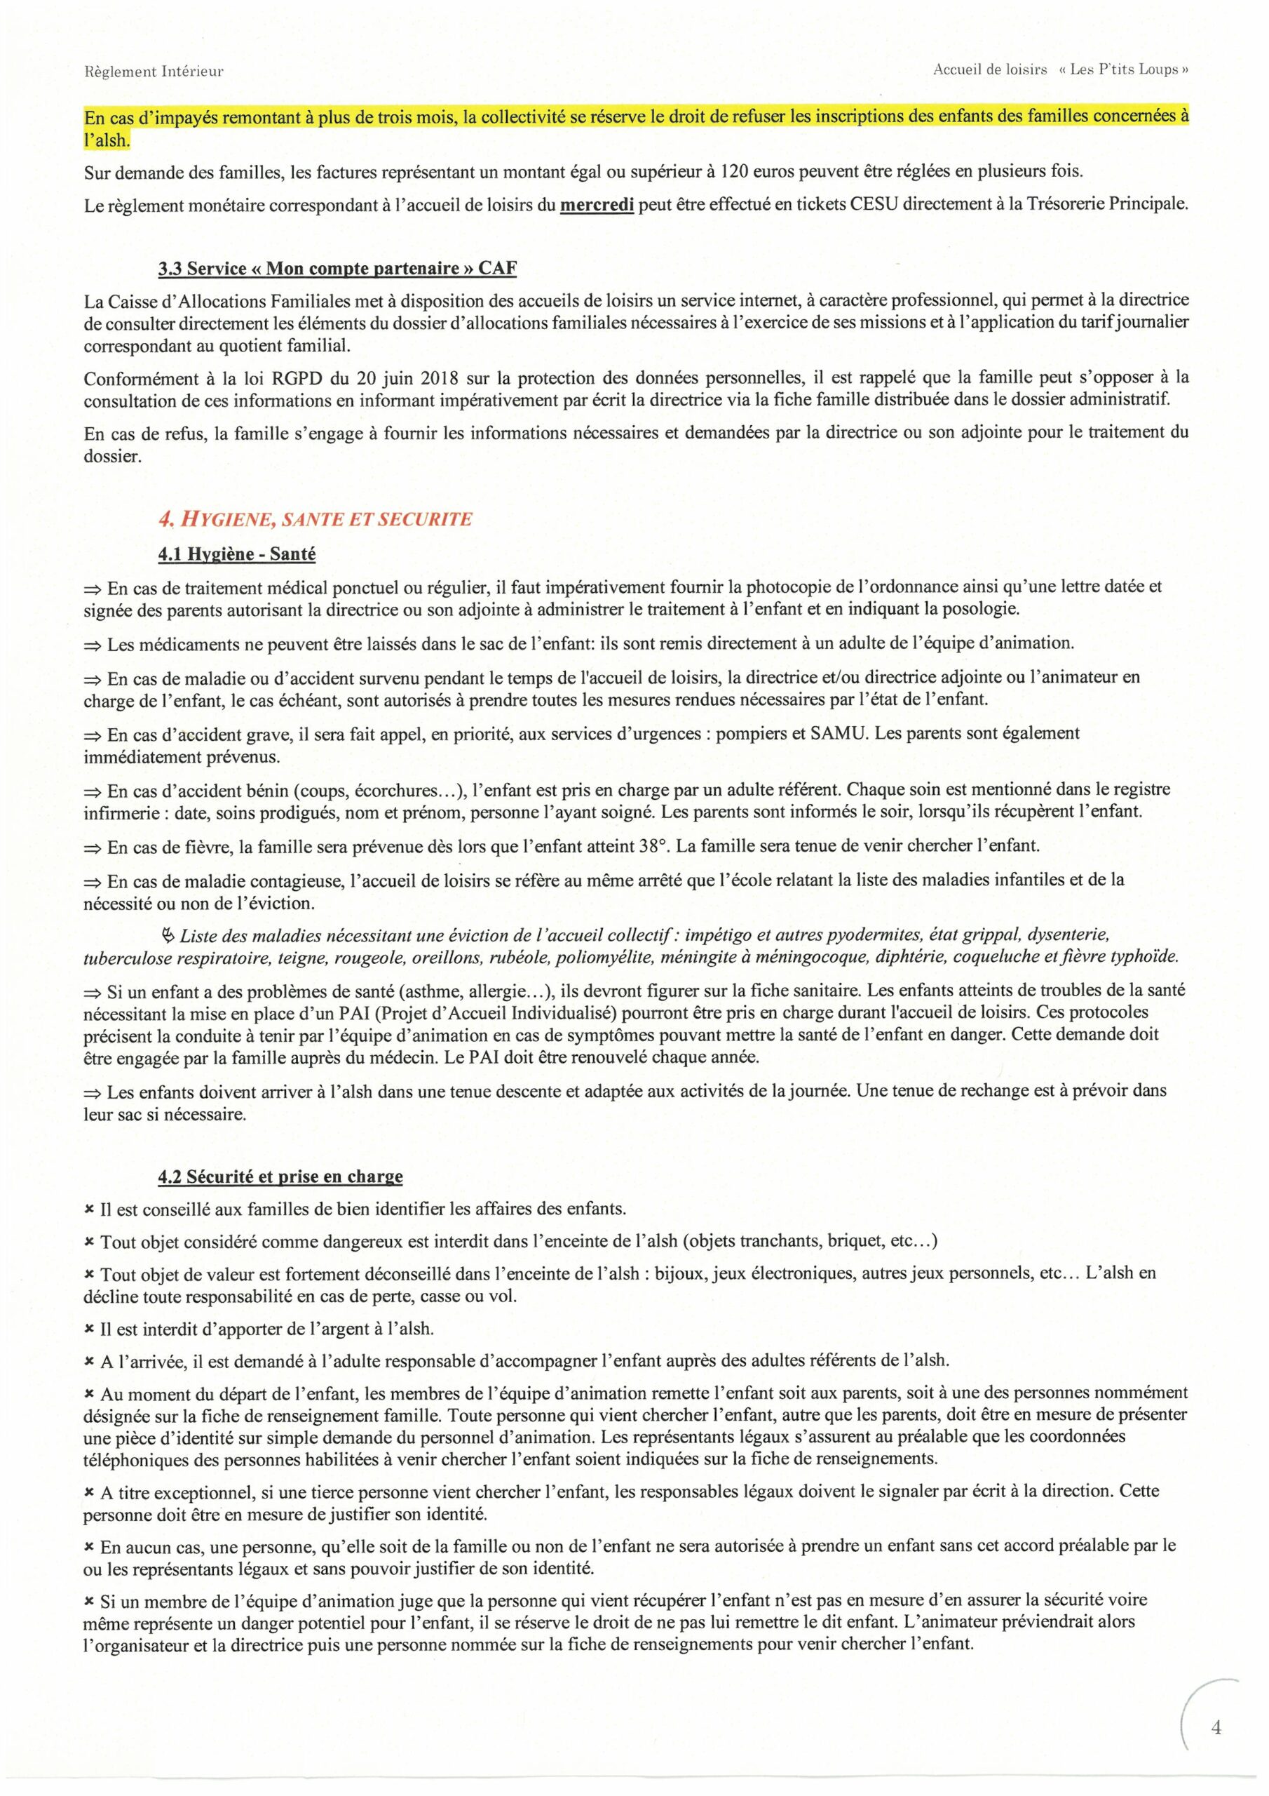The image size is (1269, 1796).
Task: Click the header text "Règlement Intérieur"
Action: pyautogui.click(x=154, y=71)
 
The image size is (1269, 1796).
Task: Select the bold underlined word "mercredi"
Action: pyautogui.click(x=597, y=205)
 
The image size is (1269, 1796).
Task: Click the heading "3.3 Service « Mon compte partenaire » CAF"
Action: pyautogui.click(x=337, y=268)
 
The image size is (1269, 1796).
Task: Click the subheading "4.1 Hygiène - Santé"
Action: pyautogui.click(x=237, y=554)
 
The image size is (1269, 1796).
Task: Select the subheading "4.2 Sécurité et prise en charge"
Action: pyautogui.click(x=280, y=1176)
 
